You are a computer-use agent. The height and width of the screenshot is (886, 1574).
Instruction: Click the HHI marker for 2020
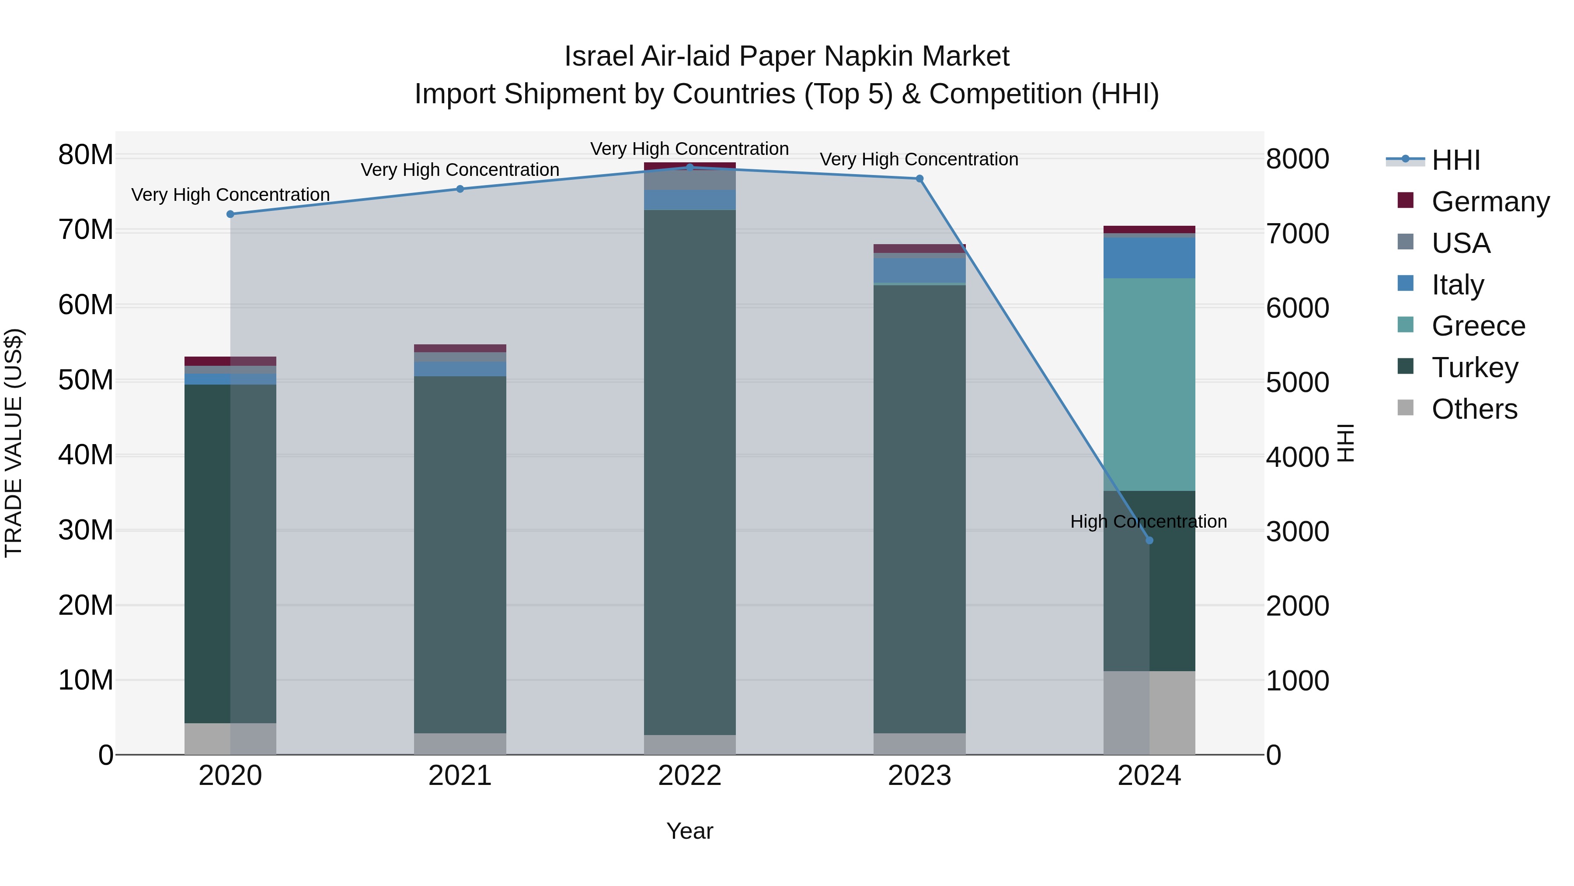pos(230,214)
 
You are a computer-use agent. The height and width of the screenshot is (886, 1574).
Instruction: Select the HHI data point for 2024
pos(1149,540)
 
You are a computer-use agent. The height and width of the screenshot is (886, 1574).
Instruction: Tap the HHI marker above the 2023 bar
pos(919,179)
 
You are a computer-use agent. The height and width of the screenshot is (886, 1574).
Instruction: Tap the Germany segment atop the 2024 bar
pos(1149,229)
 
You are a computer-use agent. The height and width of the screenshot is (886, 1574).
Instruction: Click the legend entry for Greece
pos(1478,326)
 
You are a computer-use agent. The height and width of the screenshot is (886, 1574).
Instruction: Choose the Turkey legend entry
pos(1474,368)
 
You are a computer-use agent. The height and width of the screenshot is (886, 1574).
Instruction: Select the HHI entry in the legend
pos(1456,160)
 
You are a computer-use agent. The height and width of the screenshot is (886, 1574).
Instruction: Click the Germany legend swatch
pos(1405,200)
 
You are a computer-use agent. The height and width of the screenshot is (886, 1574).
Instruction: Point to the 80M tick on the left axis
pos(86,155)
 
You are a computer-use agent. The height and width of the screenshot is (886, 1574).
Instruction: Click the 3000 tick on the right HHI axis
pos(1297,531)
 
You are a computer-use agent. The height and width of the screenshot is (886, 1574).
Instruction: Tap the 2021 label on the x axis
pos(460,776)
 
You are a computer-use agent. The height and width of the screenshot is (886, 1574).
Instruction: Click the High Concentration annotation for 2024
pos(1149,522)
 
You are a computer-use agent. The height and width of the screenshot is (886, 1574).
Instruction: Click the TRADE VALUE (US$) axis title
pos(14,443)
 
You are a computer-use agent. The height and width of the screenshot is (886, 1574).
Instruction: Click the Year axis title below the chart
pos(690,831)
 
